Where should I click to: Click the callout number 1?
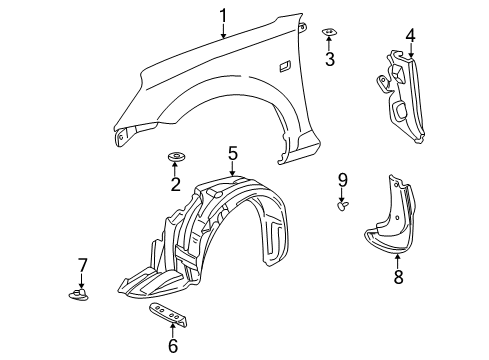pos(223,16)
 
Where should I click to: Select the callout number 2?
pos(175,185)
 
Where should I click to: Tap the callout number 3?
pos(330,59)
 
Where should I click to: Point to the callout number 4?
pos(410,35)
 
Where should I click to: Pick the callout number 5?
pos(233,153)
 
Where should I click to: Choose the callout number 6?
pos(173,346)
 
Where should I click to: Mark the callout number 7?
pos(82,265)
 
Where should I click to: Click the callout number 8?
pos(398,277)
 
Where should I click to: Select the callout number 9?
pos(343,180)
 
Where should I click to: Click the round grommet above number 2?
pos(176,156)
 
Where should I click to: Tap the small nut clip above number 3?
pos(329,32)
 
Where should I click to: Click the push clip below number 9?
pos(343,205)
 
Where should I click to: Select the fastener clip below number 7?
pos(79,295)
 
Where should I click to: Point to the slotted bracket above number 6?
pos(169,314)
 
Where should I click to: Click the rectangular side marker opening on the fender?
pos(285,66)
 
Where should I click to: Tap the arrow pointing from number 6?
pos(172,331)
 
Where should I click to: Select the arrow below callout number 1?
pos(223,31)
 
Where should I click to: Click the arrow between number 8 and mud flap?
pos(398,262)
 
